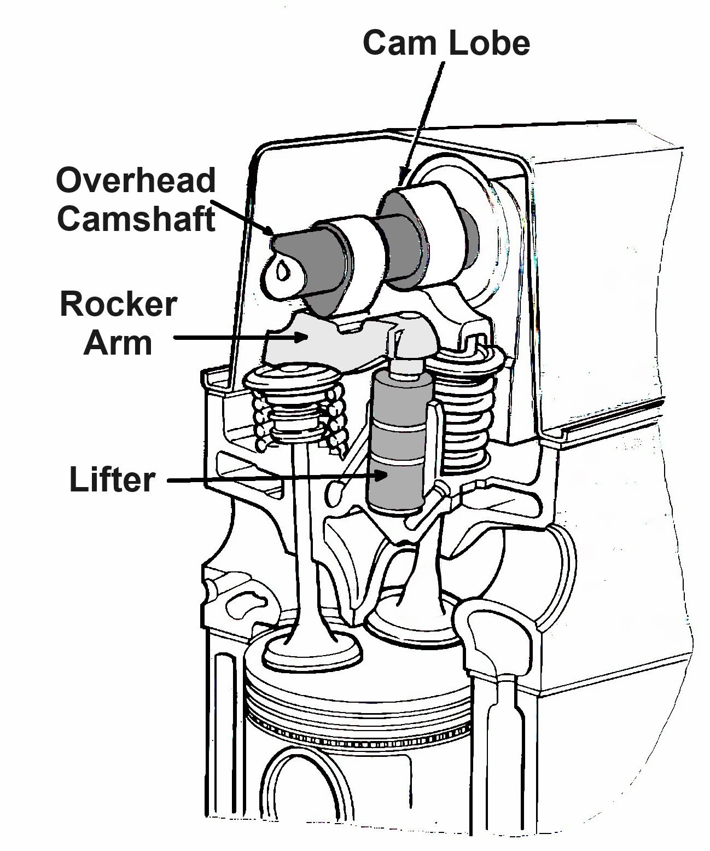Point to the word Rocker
[x=118, y=304]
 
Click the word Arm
[x=118, y=343]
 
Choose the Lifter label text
[x=112, y=479]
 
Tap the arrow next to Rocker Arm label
[x=241, y=338]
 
